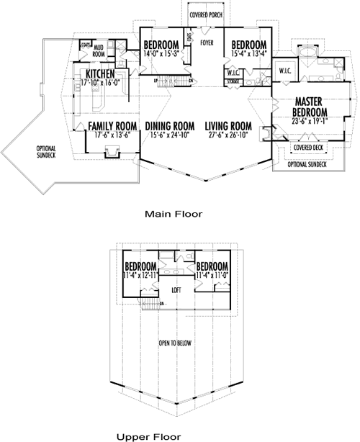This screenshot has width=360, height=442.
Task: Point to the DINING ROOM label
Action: click(x=168, y=125)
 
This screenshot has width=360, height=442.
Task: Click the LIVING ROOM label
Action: click(x=227, y=125)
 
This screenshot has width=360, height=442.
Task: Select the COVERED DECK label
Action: click(x=307, y=148)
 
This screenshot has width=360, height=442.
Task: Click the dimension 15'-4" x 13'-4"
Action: click(x=248, y=53)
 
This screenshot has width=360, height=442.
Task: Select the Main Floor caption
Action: click(x=173, y=214)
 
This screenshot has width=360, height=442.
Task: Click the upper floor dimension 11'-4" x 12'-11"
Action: click(x=141, y=275)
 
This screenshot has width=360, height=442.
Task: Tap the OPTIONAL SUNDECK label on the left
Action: click(x=46, y=152)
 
